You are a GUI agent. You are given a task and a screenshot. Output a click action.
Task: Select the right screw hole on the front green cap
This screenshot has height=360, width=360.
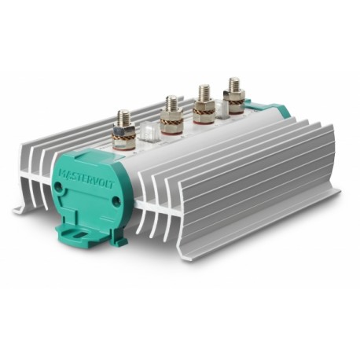point(116,201)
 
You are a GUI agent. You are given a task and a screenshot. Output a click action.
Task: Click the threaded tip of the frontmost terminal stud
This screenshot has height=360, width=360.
point(123,117)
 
